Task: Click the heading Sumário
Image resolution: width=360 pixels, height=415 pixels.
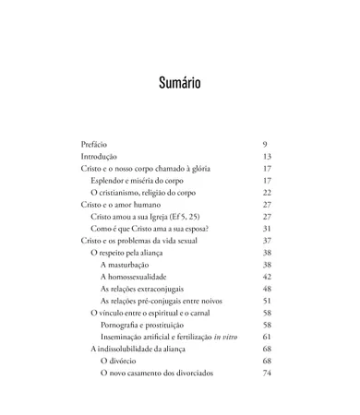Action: [x=179, y=84]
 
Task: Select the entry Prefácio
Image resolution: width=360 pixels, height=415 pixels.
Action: [x=94, y=145]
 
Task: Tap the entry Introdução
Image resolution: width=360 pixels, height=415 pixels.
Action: [x=98, y=157]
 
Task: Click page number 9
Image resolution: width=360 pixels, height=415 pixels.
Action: [x=265, y=145]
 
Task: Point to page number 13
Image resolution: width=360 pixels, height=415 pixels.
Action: [x=267, y=157]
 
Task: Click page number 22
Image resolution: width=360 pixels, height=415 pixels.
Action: [x=267, y=193]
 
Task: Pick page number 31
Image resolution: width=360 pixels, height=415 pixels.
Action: [x=267, y=229]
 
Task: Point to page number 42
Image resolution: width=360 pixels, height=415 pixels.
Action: [x=267, y=277]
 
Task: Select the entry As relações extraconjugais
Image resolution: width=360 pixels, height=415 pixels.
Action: [x=147, y=289]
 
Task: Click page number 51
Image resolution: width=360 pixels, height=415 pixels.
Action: [x=267, y=301]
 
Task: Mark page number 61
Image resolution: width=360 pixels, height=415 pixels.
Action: [x=267, y=337]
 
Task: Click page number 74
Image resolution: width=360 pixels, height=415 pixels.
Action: [x=267, y=373]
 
